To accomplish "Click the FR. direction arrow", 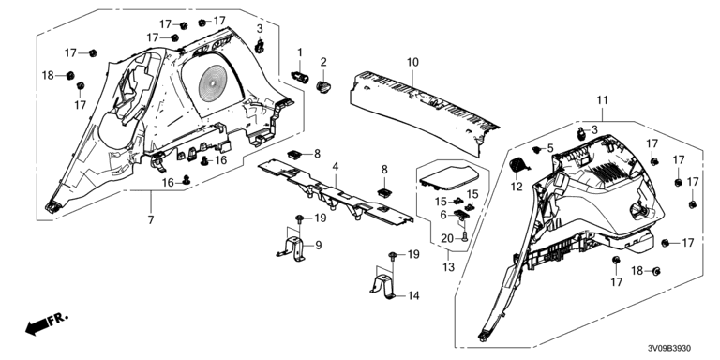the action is point(46,323).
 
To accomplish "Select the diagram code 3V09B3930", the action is point(669,349).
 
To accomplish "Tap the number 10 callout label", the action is point(412,62).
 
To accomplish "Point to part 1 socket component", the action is point(300,75).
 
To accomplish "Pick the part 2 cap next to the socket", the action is point(323,86).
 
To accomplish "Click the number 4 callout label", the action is point(336,167).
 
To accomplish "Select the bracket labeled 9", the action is point(292,248).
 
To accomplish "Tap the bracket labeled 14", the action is point(384,286).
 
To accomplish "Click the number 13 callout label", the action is point(448,267).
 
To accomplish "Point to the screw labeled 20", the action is point(464,237).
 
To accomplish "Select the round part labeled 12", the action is point(520,165).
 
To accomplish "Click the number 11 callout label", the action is point(602,100).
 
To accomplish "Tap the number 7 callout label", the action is point(151,219).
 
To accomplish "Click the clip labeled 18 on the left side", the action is point(70,75).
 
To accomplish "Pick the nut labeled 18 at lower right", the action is point(656,271).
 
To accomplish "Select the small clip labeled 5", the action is point(536,149).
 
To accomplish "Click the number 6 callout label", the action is point(443,215).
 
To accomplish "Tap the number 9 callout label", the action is point(319,247).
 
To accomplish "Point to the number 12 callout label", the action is point(517,187).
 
